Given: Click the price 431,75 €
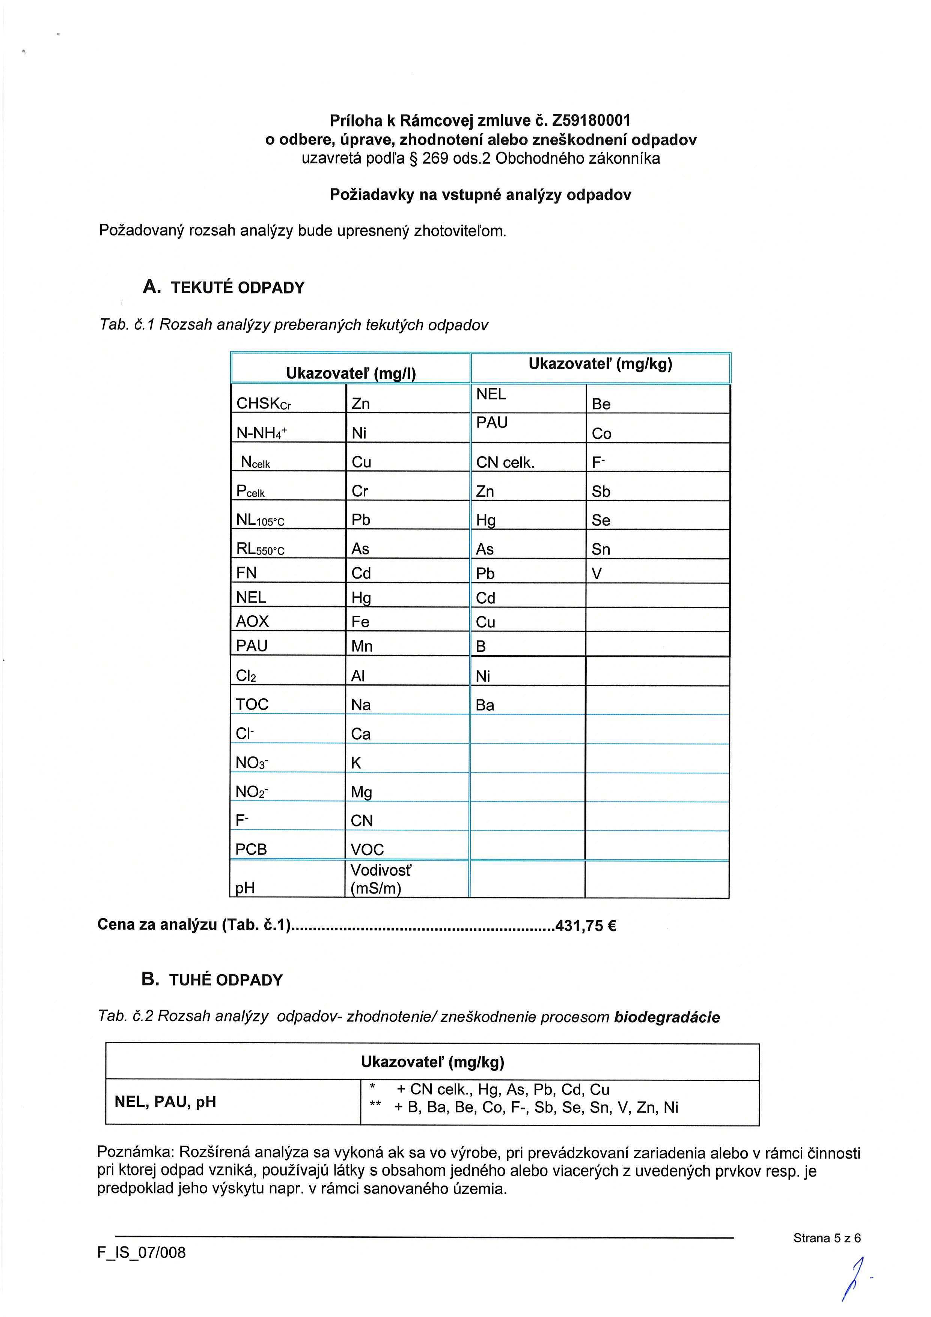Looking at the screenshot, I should (585, 926).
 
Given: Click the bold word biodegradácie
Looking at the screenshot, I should (667, 1017).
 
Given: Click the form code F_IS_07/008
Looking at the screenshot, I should (141, 1252).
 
